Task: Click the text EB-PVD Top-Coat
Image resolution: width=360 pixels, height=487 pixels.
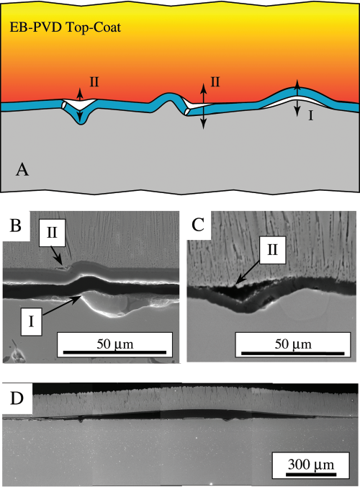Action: coord(66,27)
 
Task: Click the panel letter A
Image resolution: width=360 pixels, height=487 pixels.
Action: coord(22,170)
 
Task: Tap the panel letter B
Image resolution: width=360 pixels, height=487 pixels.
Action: coord(16,225)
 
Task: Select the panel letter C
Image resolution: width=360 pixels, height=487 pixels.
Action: coord(198,225)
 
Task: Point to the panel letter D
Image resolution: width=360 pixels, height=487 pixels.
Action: coord(17,398)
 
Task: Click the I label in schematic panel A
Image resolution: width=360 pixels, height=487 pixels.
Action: coord(310,115)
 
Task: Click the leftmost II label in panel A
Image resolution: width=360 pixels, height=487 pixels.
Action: coord(94,82)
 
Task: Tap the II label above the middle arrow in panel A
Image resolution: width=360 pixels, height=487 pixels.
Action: coord(215,82)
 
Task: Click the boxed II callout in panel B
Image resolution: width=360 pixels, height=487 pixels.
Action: coord(52,232)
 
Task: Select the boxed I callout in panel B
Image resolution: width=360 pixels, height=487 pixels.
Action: coord(31,322)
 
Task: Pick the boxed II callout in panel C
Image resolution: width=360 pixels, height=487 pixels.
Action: coord(272,250)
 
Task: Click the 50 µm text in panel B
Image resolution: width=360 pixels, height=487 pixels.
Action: coord(114,344)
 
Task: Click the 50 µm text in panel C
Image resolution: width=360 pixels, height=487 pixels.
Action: coord(293,344)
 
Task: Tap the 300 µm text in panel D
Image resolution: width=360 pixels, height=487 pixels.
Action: coord(311,465)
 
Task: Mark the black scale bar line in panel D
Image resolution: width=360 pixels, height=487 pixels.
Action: coord(311,474)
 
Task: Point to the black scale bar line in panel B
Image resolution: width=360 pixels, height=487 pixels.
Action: coord(114,352)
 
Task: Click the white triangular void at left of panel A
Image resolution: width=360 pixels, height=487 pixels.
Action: coord(79,104)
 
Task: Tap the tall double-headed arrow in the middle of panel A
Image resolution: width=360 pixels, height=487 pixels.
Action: coord(203,106)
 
